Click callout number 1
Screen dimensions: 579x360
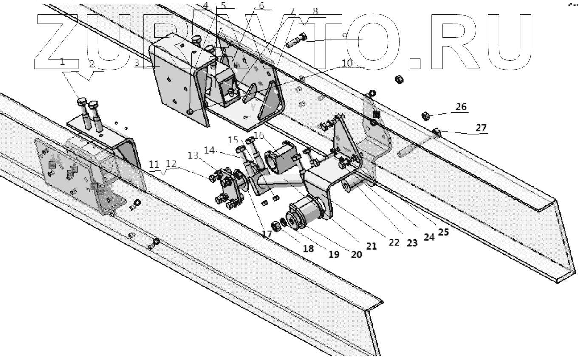tap(62, 62)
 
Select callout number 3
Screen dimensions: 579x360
tap(137, 63)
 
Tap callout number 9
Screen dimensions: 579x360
tap(345, 36)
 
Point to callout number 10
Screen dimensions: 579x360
tap(347, 63)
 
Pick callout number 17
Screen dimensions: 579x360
tap(266, 233)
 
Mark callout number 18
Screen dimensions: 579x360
tap(308, 249)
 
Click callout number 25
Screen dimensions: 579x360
tap(444, 232)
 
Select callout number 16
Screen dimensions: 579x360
tap(259, 135)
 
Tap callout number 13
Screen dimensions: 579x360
tap(193, 156)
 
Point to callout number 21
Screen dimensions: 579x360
tap(372, 246)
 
